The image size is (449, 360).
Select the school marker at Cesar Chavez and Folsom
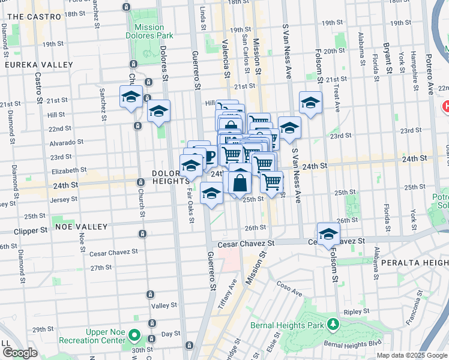328,234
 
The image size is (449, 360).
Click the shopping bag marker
240,181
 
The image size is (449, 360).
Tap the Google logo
20,353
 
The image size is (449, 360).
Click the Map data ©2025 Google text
411,355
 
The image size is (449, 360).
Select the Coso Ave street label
289,290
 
